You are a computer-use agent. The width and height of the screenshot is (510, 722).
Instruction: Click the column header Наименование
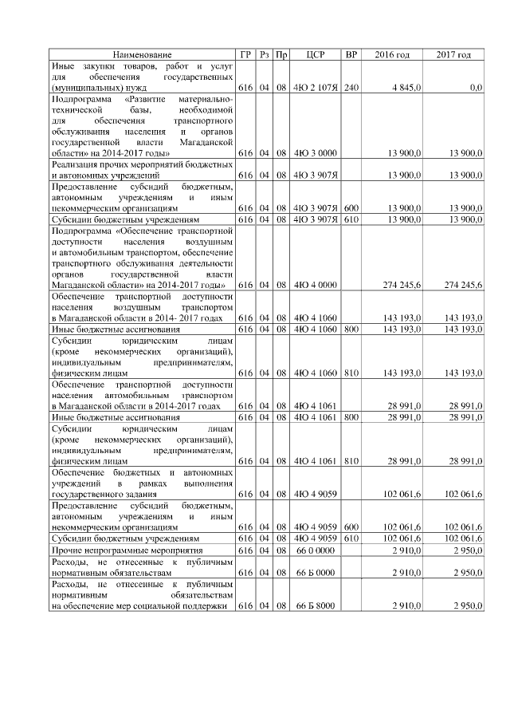[x=142, y=54]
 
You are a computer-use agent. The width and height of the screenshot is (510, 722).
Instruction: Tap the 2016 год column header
[x=392, y=54]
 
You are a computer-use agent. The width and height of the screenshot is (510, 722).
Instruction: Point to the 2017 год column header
[x=453, y=54]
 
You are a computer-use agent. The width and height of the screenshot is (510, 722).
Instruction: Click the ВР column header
[x=351, y=54]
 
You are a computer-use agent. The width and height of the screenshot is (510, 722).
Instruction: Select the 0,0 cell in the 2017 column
[x=476, y=87]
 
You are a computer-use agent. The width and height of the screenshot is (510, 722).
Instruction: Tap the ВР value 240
[x=351, y=87]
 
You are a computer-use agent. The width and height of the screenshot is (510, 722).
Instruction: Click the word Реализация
[x=76, y=164]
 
